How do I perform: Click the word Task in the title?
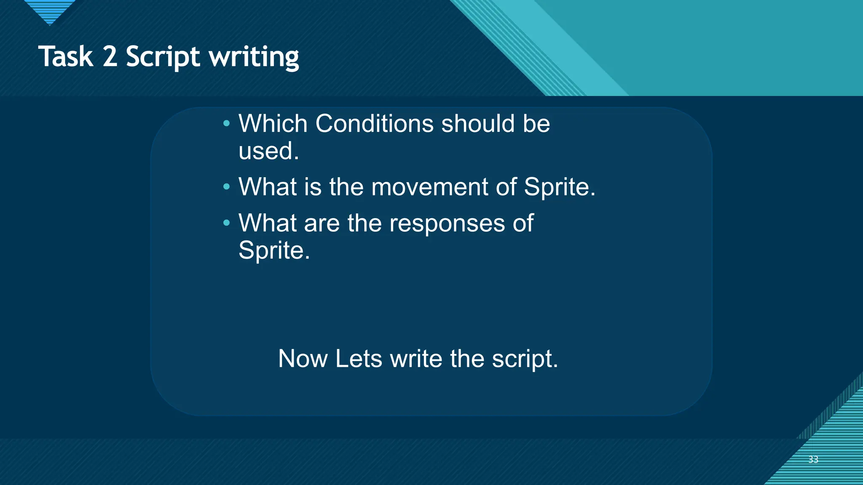[x=66, y=56]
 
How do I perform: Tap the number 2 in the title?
[x=110, y=56]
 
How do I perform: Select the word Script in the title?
[x=163, y=57]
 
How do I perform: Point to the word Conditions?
[x=374, y=124]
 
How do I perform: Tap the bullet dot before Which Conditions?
[x=227, y=124]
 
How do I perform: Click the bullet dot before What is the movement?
[x=227, y=187]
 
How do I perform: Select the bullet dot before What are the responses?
[x=227, y=223]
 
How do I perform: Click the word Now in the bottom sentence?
[x=303, y=359]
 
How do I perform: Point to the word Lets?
[x=359, y=359]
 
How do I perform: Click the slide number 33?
[x=813, y=459]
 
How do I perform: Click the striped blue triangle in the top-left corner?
[x=50, y=11]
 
